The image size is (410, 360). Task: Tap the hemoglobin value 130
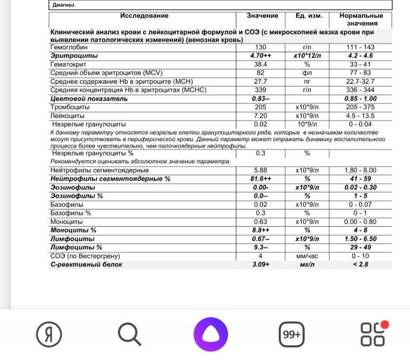pyautogui.click(x=260, y=48)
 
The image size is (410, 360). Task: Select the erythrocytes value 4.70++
pyautogui.click(x=260, y=56)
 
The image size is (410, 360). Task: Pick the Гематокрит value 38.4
pyautogui.click(x=260, y=64)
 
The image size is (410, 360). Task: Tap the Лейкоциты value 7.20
pyautogui.click(x=260, y=115)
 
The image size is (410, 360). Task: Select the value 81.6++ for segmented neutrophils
pyautogui.click(x=260, y=178)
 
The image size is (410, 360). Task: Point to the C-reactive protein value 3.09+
pyautogui.click(x=260, y=264)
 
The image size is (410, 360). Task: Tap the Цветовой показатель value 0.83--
pyautogui.click(x=260, y=99)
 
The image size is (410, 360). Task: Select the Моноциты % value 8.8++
pyautogui.click(x=260, y=230)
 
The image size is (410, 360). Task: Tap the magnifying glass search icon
pyautogui.click(x=129, y=335)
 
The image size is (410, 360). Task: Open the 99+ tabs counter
pyautogui.click(x=292, y=335)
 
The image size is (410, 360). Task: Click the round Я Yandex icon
pyautogui.click(x=48, y=335)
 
